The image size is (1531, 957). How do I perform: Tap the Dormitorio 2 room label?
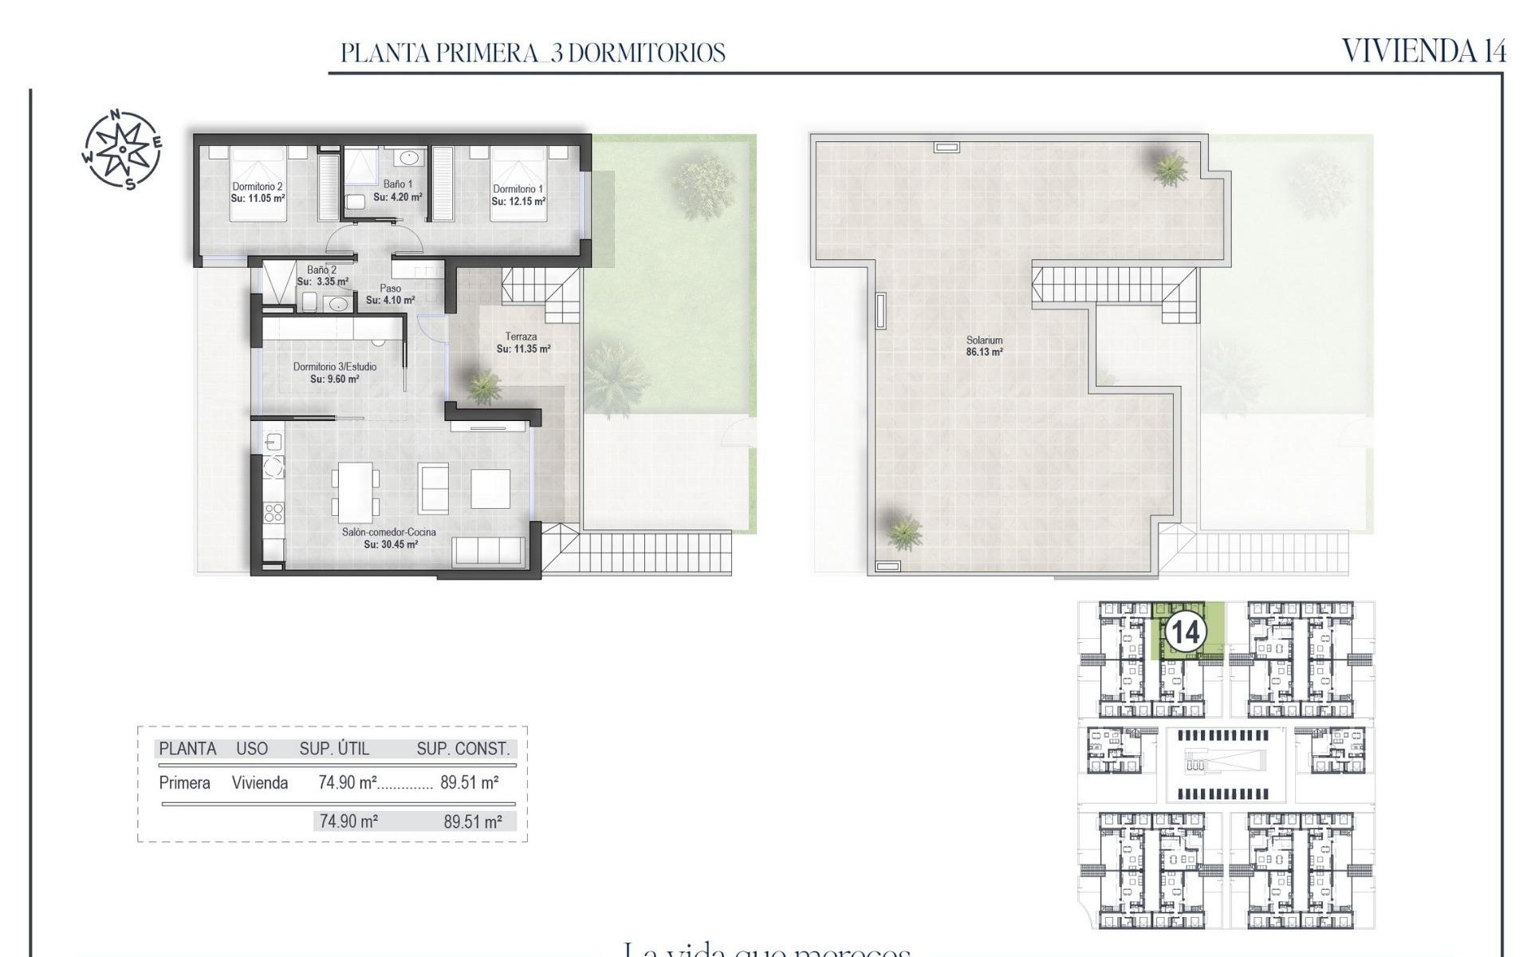click(x=258, y=187)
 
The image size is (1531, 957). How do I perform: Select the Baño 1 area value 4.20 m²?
click(x=398, y=197)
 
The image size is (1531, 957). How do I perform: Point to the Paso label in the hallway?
click(x=390, y=289)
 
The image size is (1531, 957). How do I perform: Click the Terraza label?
click(x=521, y=337)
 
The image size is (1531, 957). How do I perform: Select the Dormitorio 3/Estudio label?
click(x=334, y=367)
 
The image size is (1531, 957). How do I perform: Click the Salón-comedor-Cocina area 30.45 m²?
click(x=391, y=545)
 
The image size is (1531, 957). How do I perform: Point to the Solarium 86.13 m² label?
click(x=984, y=345)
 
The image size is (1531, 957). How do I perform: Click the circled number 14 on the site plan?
click(x=1184, y=632)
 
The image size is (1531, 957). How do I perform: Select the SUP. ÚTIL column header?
click(x=334, y=749)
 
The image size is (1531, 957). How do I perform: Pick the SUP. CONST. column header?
click(x=462, y=749)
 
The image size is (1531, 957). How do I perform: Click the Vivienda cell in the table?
click(x=260, y=783)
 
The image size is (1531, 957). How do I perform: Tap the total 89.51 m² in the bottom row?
click(x=473, y=821)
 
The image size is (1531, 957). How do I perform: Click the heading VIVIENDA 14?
click(x=1423, y=51)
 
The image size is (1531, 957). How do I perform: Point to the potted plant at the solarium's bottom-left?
click(x=903, y=531)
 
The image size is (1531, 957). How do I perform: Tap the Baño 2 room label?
click(x=321, y=270)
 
